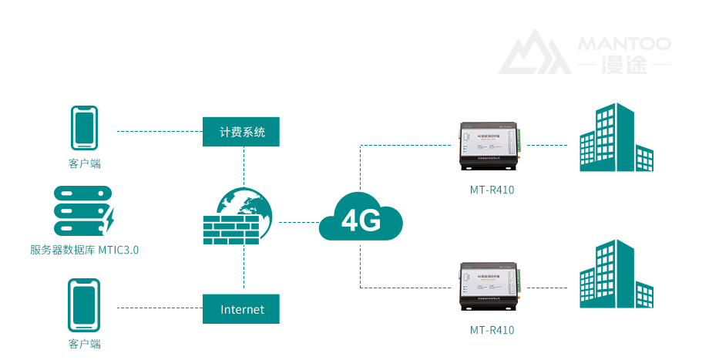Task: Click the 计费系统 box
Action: (241, 132)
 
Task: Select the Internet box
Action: (241, 309)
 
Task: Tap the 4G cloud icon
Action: (361, 220)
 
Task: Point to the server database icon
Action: (83, 210)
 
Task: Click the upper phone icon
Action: (84, 127)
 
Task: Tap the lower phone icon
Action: (84, 304)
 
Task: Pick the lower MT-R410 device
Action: (491, 289)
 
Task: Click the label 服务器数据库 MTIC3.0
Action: (84, 250)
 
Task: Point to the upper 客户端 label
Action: (84, 163)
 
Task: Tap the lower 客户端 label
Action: (84, 344)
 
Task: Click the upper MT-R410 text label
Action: (492, 190)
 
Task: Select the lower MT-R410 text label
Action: (492, 331)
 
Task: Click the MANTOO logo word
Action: (624, 44)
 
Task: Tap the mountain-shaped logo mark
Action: (534, 53)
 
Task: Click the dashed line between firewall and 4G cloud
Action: (297, 222)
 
